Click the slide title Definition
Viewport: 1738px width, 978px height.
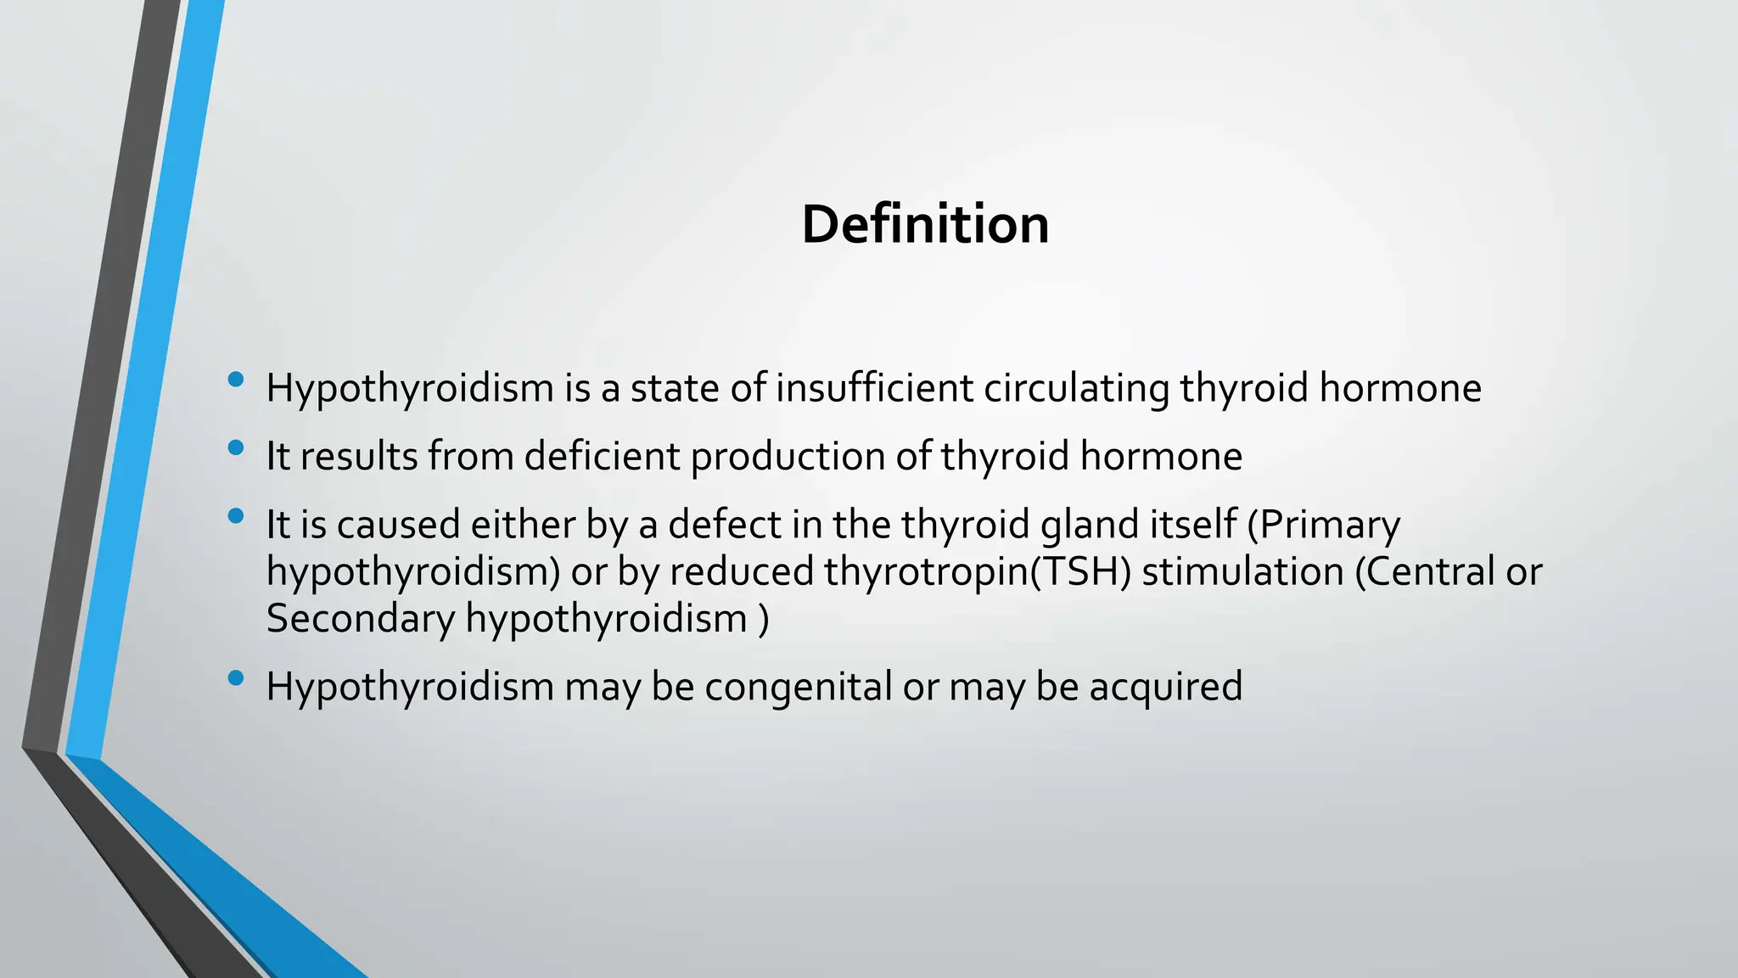coord(925,224)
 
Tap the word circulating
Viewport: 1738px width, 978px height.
coord(1076,388)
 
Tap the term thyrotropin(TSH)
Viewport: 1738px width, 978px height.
coord(978,571)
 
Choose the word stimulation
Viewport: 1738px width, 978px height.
coord(1242,571)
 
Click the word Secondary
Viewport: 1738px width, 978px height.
coord(361,618)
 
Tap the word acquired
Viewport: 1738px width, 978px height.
coord(1166,687)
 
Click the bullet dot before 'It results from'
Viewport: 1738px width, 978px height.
coord(236,447)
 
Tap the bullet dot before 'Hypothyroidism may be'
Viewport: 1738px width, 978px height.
coord(236,677)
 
